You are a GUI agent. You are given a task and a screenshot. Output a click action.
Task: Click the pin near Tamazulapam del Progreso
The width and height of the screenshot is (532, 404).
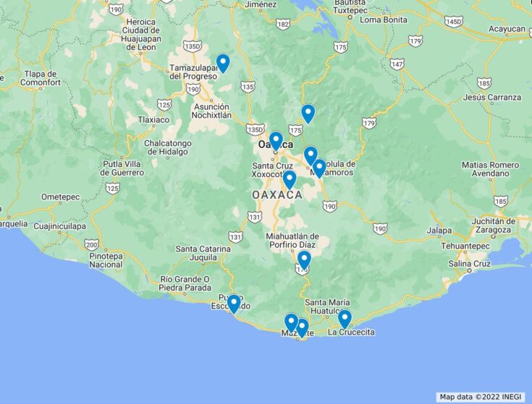[223, 63]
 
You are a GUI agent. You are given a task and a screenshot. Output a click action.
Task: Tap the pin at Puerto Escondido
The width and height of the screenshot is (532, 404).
[234, 304]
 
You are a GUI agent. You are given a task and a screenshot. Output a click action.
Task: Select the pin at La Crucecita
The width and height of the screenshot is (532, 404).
[345, 319]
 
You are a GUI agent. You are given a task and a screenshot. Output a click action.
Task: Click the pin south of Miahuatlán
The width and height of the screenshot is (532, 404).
[304, 260]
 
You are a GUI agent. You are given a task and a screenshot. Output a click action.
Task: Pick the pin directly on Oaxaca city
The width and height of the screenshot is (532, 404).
[276, 140]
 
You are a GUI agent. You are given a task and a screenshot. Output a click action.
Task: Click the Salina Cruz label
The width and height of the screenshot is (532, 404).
[469, 264]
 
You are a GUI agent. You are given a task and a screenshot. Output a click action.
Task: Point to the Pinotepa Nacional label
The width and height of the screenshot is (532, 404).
[106, 260]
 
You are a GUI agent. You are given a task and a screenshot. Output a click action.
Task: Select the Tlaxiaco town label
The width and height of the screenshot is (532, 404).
[153, 119]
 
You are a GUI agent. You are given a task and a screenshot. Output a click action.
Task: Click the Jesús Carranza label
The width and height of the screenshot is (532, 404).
[492, 97]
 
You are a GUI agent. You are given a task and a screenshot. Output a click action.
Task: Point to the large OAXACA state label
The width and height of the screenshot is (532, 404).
[277, 196]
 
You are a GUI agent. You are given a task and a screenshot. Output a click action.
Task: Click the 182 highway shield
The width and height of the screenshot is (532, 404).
[283, 25]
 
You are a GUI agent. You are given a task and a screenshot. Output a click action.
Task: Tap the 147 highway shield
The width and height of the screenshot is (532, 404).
[397, 64]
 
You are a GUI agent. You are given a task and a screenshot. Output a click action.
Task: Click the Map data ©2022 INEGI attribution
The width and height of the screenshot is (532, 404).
[481, 397]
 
